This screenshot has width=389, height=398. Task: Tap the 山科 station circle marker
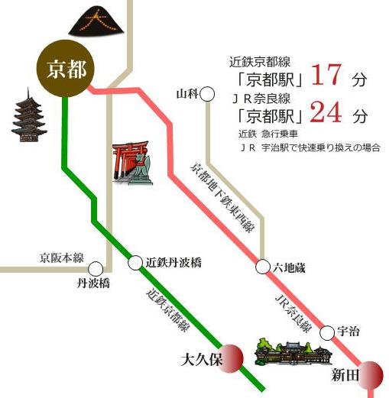(x=206, y=95)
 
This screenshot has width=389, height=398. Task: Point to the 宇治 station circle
(x=327, y=332)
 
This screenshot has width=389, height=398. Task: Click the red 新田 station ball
(x=372, y=374)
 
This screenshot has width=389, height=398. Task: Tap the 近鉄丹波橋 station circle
(x=136, y=263)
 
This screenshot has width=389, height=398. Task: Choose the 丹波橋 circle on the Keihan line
(x=96, y=268)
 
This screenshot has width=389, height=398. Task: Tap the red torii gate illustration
(x=131, y=162)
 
